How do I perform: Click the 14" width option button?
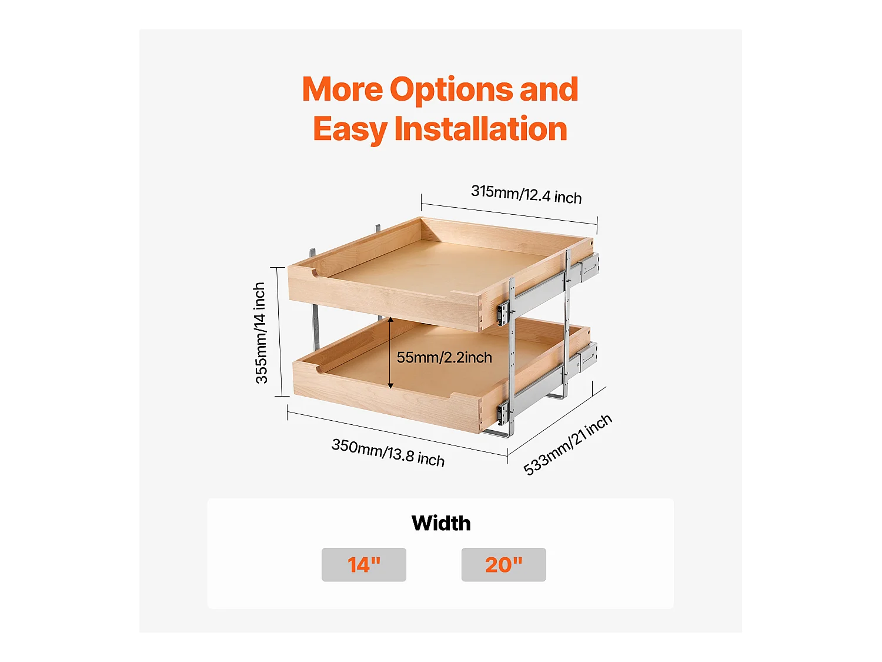pyautogui.click(x=363, y=564)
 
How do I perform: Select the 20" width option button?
pyautogui.click(x=503, y=564)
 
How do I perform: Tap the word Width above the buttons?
pyautogui.click(x=441, y=523)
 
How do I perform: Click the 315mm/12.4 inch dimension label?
pyautogui.click(x=526, y=195)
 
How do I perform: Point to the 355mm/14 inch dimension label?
pyautogui.click(x=260, y=333)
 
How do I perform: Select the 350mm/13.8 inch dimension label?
pyautogui.click(x=387, y=453)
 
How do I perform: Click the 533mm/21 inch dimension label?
pyautogui.click(x=567, y=445)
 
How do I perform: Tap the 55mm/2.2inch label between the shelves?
pyautogui.click(x=445, y=357)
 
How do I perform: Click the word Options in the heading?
pyautogui.click(x=451, y=89)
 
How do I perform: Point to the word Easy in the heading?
pyautogui.click(x=350, y=129)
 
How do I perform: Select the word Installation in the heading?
pyautogui.click(x=480, y=129)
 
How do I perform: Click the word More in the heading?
pyautogui.click(x=342, y=89)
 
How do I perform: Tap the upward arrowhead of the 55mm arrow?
pyautogui.click(x=390, y=320)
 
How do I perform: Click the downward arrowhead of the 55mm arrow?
pyautogui.click(x=390, y=386)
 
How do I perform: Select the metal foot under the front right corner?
pyautogui.click(x=497, y=433)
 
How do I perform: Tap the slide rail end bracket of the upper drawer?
pyautogui.click(x=589, y=266)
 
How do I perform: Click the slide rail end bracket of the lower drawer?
pyautogui.click(x=587, y=357)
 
